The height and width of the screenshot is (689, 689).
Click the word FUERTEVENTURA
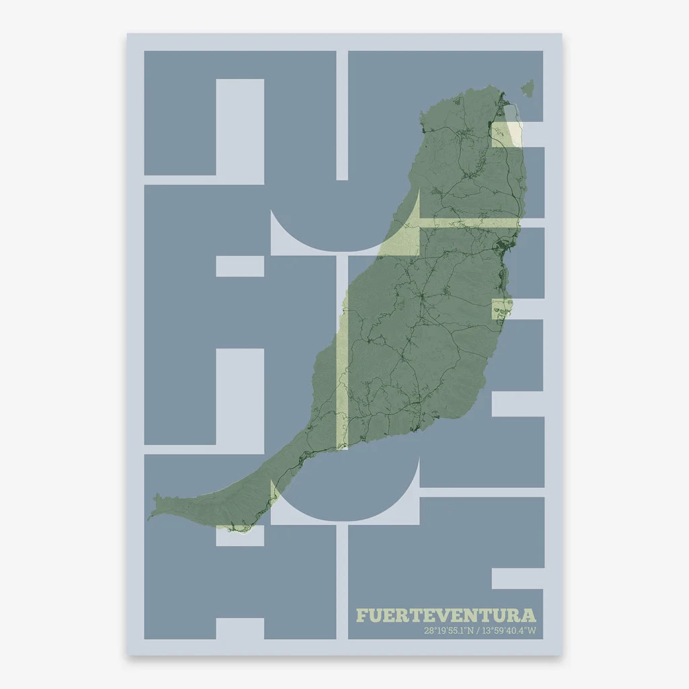[x=446, y=615]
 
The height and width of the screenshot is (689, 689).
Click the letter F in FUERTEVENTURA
[x=362, y=615]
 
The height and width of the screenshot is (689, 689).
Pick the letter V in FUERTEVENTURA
[x=448, y=615]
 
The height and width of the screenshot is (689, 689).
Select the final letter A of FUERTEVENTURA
[x=529, y=615]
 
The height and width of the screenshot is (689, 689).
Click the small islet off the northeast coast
[x=527, y=87]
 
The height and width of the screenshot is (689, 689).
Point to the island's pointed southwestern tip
[x=151, y=515]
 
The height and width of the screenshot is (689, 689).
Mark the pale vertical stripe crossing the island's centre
[x=342, y=377]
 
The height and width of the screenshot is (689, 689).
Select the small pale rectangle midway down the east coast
[x=501, y=309]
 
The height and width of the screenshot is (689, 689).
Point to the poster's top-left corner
[x=128, y=34]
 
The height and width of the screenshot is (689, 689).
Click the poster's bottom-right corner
[x=562, y=655]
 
